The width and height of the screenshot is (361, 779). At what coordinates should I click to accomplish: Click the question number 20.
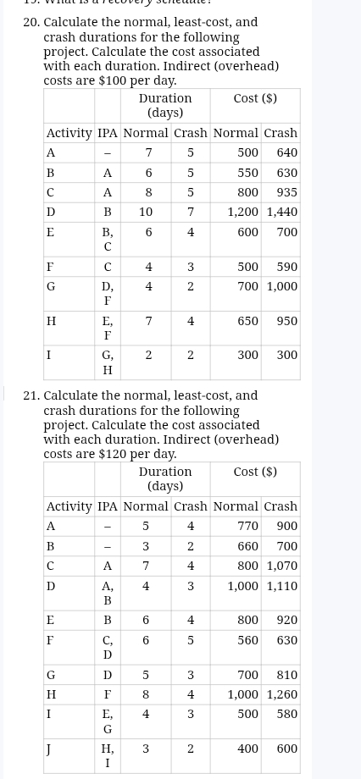[x=31, y=22]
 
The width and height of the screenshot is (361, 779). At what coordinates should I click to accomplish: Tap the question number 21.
[x=31, y=395]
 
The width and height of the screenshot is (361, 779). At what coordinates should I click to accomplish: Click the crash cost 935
[x=286, y=192]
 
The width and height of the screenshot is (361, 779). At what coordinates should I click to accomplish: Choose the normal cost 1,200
[x=242, y=212]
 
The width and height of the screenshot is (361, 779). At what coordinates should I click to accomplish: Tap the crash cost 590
[x=286, y=267]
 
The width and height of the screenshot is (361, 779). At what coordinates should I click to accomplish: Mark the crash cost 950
[x=286, y=321]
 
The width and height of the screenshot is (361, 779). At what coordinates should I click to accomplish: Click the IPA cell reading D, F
[x=108, y=293]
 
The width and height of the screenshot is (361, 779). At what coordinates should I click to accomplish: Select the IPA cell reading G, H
[x=108, y=362]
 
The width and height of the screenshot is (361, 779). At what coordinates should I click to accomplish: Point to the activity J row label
[x=51, y=749]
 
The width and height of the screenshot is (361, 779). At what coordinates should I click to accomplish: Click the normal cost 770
[x=247, y=526]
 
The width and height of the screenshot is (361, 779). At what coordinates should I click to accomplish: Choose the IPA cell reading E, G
[x=108, y=721]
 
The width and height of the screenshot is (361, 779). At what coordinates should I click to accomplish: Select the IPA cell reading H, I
[x=108, y=755]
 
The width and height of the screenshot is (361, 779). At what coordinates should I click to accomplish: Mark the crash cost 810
[x=286, y=675]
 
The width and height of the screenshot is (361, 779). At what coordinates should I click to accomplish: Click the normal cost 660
[x=247, y=546]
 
